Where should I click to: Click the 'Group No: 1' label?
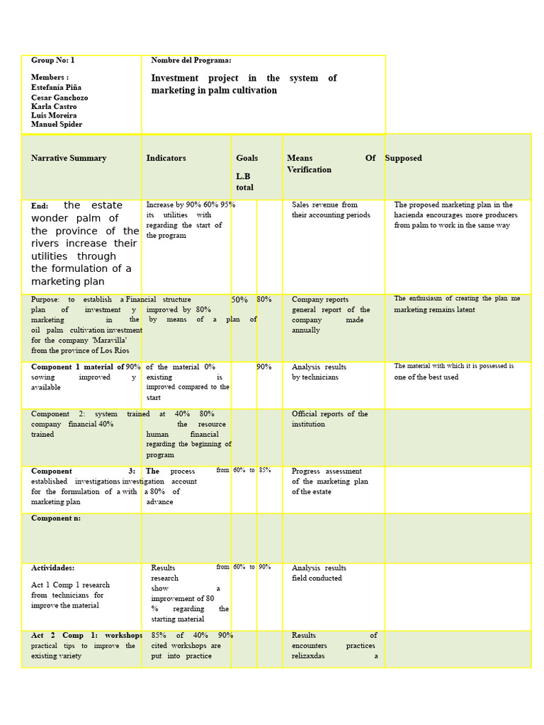tap(52, 61)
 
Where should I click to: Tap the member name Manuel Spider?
tap(57, 125)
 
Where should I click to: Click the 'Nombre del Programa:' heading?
tap(191, 61)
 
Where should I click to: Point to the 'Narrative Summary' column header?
tap(69, 159)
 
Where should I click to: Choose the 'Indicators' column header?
tap(166, 159)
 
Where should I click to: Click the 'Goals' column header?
tap(247, 159)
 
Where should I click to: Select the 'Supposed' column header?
tap(403, 159)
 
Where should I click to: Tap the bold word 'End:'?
tap(40, 206)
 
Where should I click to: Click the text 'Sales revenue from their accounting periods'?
tap(330, 210)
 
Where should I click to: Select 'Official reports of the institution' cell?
tap(329, 419)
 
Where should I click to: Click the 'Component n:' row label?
tap(55, 518)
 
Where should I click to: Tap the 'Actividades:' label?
tap(52, 569)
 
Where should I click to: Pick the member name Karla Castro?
tap(55, 106)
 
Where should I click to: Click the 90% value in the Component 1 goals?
tap(264, 367)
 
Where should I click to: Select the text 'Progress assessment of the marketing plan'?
tap(329, 476)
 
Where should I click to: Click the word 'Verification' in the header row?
tap(309, 170)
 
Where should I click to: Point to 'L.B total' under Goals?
tap(244, 182)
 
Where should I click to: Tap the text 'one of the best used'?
tap(426, 377)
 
